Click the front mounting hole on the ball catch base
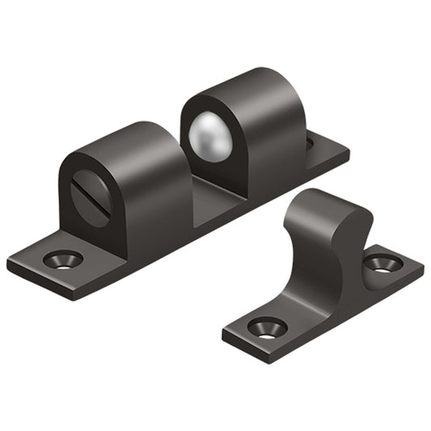(64, 260)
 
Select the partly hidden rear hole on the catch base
(309, 144)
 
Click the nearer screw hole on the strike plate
(268, 327)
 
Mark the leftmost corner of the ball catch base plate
(10, 264)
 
